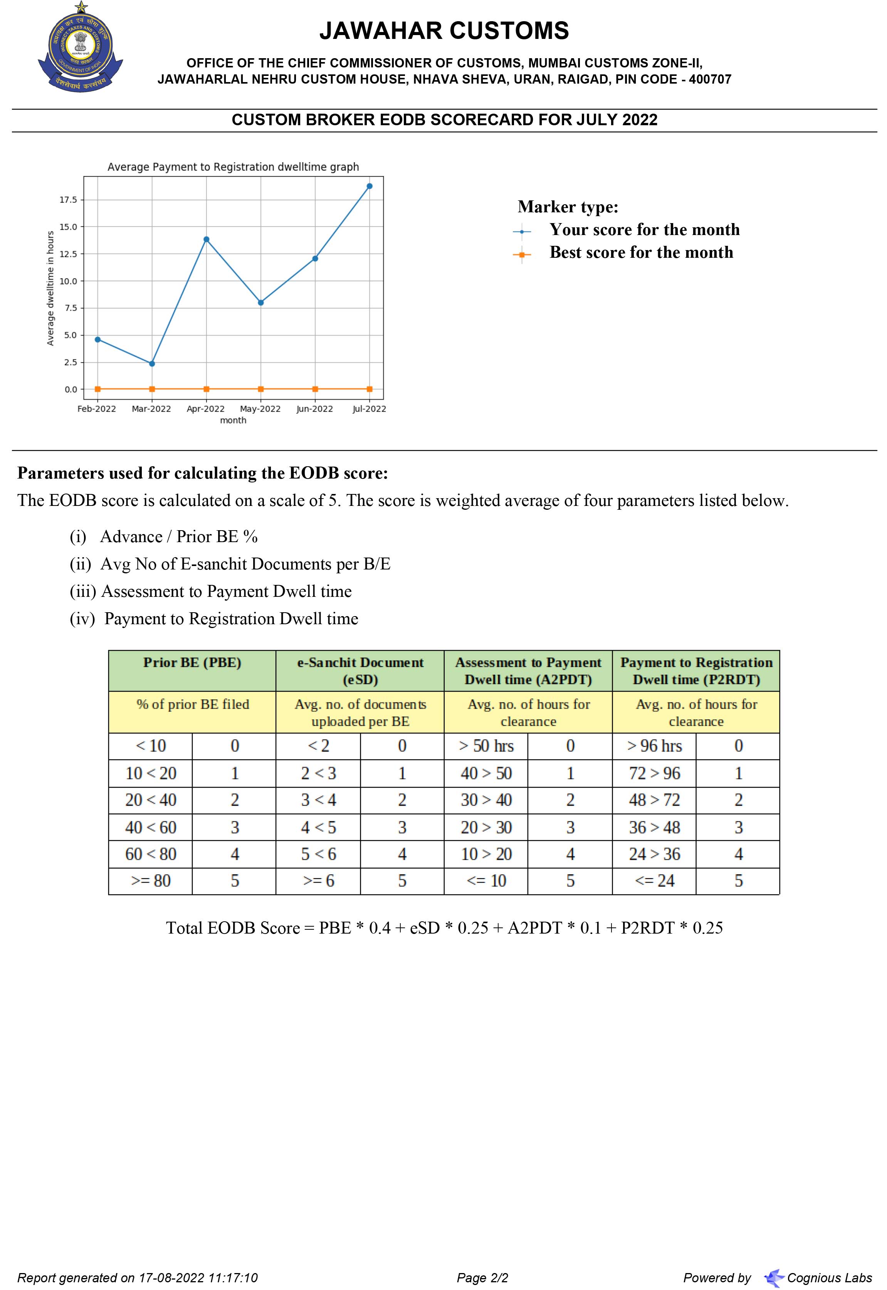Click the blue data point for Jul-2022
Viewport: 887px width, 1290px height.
point(370,186)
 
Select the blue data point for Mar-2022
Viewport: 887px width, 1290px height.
point(152,363)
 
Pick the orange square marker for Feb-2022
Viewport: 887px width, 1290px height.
point(98,389)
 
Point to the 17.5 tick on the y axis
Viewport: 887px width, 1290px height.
point(68,200)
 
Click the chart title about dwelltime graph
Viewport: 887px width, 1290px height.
point(233,167)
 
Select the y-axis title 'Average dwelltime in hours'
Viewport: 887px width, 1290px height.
point(50,288)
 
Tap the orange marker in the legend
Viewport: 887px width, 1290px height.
point(521,255)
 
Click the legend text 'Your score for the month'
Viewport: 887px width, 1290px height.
point(644,230)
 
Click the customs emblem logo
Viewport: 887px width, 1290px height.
point(81,48)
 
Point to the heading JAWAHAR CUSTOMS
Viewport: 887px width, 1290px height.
point(443,31)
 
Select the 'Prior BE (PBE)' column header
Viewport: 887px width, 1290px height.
point(192,662)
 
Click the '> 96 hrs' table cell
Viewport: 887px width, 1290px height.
point(654,746)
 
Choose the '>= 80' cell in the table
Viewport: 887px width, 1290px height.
point(151,880)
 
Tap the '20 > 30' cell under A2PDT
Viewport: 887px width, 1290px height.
point(486,828)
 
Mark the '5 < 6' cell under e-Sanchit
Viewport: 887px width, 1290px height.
point(318,854)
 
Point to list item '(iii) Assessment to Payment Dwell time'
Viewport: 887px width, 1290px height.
point(211,591)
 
